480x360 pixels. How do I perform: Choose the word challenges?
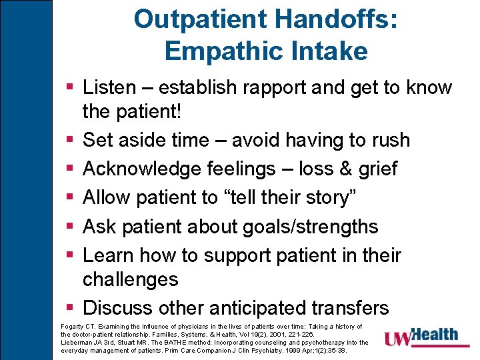coord(130,279)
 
